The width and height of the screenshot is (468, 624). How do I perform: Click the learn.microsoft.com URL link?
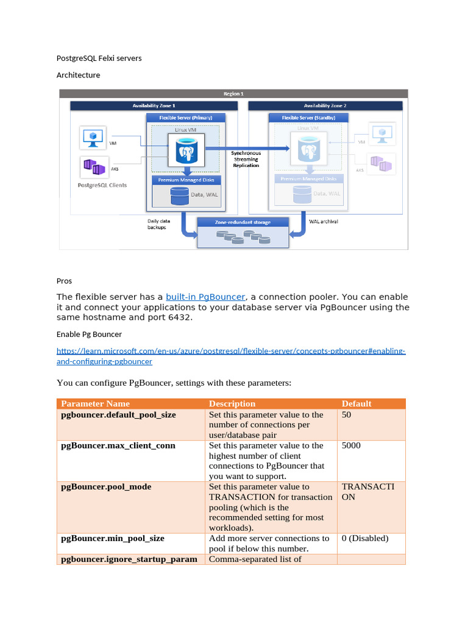[x=230, y=352]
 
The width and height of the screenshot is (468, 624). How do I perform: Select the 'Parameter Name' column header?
[x=96, y=403]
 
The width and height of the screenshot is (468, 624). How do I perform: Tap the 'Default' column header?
[x=356, y=403]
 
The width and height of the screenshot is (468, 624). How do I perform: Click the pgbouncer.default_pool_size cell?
[x=119, y=414]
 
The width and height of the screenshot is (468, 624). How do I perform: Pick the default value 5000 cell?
[x=351, y=445]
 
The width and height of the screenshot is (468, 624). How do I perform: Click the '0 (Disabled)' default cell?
[x=365, y=538]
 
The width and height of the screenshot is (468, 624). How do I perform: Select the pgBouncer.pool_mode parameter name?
[x=107, y=487]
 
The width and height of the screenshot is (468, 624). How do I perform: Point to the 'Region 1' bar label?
[x=233, y=94]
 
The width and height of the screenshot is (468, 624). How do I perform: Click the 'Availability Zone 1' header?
[x=154, y=105]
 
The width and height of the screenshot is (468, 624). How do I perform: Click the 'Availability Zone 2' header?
[x=325, y=105]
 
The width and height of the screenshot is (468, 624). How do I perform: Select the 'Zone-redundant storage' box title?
[x=243, y=222]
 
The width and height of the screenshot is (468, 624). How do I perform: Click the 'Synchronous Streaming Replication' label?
[x=246, y=159]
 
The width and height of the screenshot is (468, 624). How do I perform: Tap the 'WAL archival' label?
[x=323, y=221]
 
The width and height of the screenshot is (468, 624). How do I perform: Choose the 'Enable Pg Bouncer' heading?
[x=89, y=334]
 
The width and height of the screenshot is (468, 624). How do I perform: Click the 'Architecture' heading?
[x=78, y=75]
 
